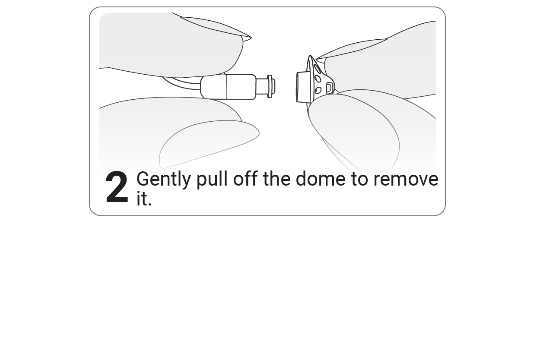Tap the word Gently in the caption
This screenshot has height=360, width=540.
[163, 179]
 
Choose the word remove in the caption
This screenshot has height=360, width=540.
[405, 179]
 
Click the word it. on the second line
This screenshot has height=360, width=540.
[144, 199]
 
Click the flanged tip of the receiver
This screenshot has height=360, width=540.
[270, 86]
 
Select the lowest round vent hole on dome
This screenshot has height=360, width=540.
[319, 90]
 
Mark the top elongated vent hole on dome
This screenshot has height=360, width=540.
[318, 68]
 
